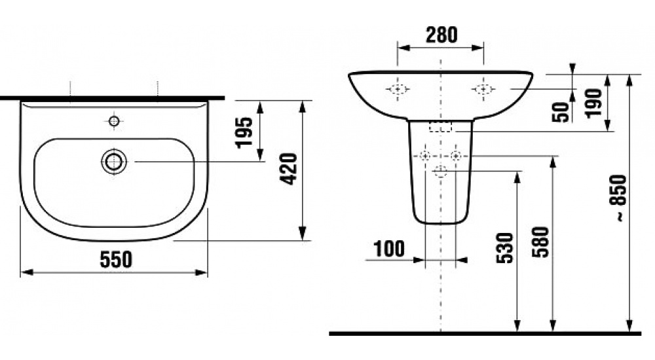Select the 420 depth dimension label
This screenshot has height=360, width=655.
(288, 169)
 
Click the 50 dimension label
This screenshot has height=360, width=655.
(561, 111)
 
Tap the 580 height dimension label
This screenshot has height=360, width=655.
(541, 242)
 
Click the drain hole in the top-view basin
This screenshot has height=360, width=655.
(114, 161)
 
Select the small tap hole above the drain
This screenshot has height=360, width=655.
(114, 121)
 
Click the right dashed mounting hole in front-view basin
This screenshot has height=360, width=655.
(483, 90)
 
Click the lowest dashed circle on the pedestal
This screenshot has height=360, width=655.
(441, 171)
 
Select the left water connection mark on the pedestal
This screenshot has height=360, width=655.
(425, 156)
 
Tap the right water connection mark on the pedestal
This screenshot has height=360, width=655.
(456, 156)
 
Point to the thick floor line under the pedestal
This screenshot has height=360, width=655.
(485, 333)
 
